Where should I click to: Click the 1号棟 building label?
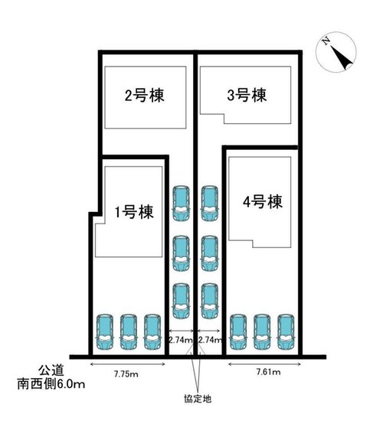click(133, 213)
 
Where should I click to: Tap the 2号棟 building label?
click(146, 96)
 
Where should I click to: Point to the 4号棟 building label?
click(263, 203)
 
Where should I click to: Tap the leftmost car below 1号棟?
click(104, 330)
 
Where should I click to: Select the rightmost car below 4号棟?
click(286, 330)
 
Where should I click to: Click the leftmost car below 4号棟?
click(238, 330)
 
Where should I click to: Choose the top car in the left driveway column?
click(181, 203)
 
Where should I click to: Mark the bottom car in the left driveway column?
click(181, 301)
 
